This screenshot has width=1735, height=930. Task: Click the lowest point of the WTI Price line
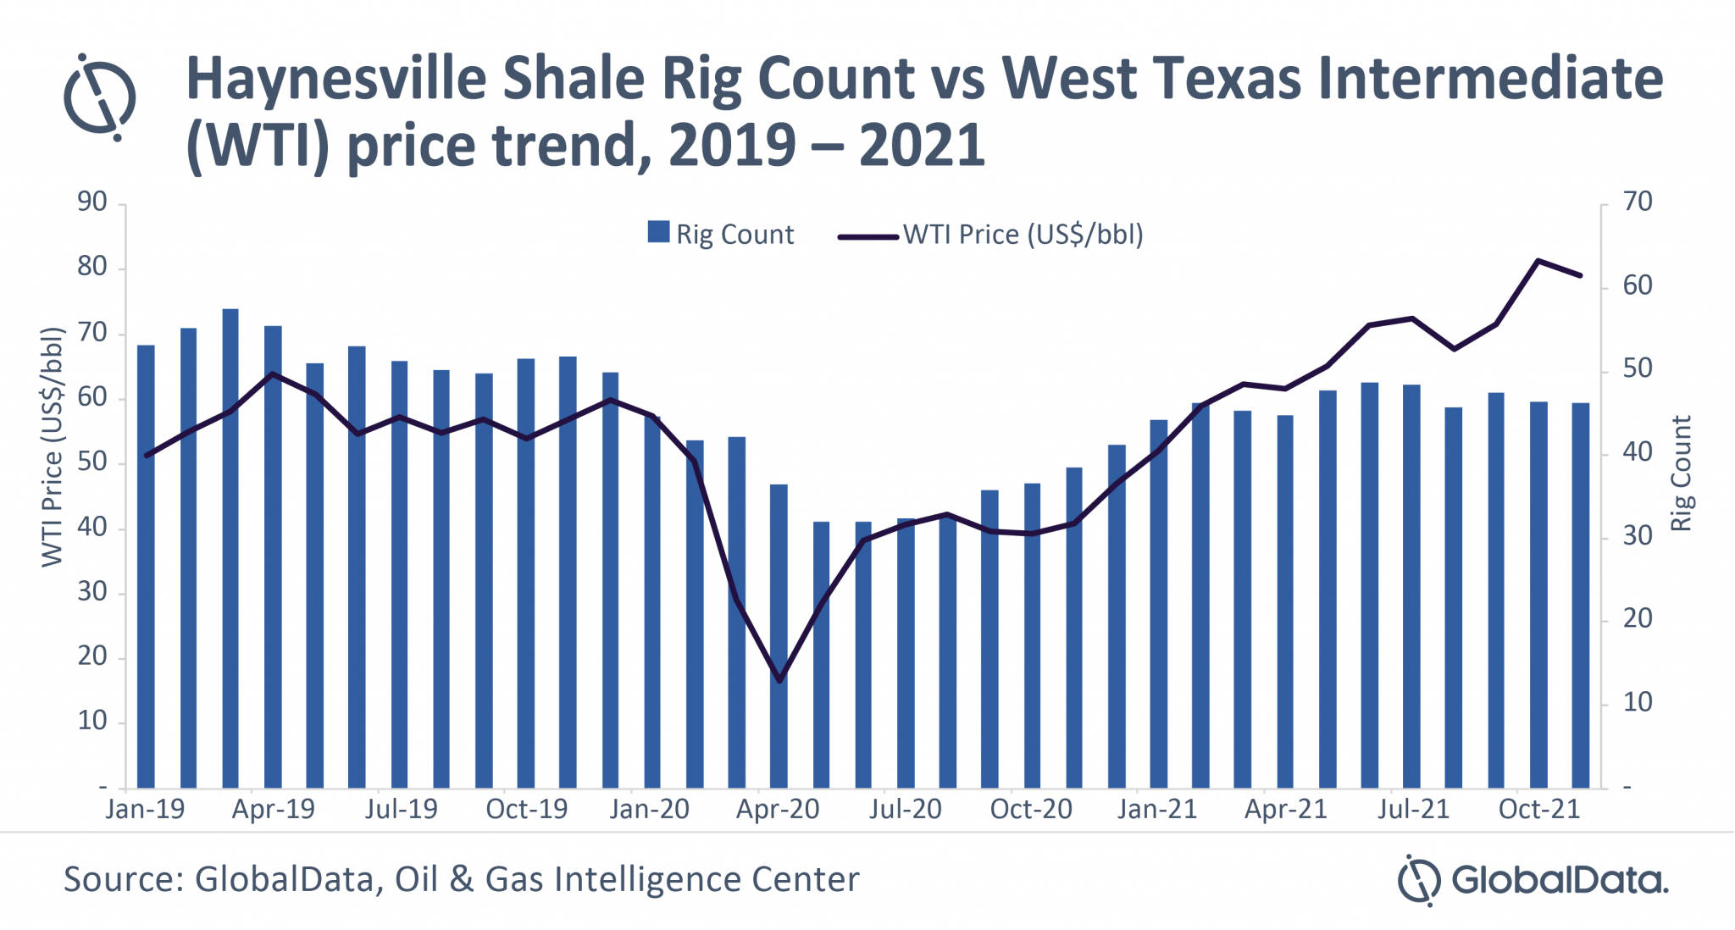click(x=779, y=680)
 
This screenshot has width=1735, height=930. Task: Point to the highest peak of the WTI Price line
click(x=1538, y=260)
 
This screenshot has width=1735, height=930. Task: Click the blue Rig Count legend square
click(x=658, y=232)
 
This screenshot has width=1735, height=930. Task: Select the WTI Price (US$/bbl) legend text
click(x=1023, y=234)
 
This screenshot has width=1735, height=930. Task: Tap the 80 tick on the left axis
click(x=92, y=267)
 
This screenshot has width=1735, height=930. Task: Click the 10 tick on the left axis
click(x=92, y=721)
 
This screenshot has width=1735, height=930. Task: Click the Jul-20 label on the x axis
click(x=905, y=809)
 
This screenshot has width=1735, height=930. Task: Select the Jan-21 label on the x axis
click(x=1157, y=809)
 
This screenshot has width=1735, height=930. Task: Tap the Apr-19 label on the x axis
click(x=273, y=809)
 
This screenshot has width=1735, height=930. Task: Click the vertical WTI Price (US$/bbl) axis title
click(x=53, y=446)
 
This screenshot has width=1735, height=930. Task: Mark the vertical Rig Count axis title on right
click(x=1681, y=473)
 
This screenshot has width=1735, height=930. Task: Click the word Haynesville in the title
click(x=335, y=80)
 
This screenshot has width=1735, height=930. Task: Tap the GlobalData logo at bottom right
click(x=1533, y=880)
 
